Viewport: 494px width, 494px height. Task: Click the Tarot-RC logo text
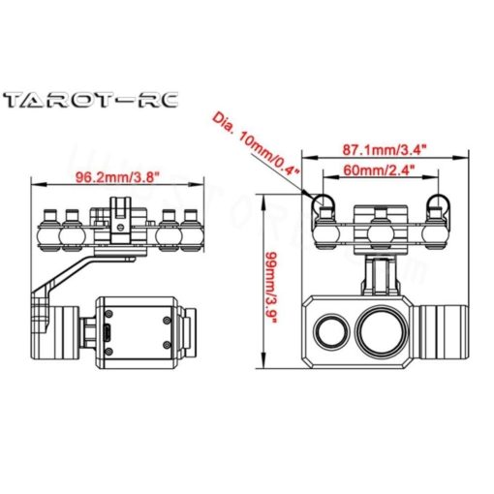pyautogui.click(x=89, y=101)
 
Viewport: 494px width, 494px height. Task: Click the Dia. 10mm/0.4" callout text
pyautogui.click(x=254, y=143)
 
